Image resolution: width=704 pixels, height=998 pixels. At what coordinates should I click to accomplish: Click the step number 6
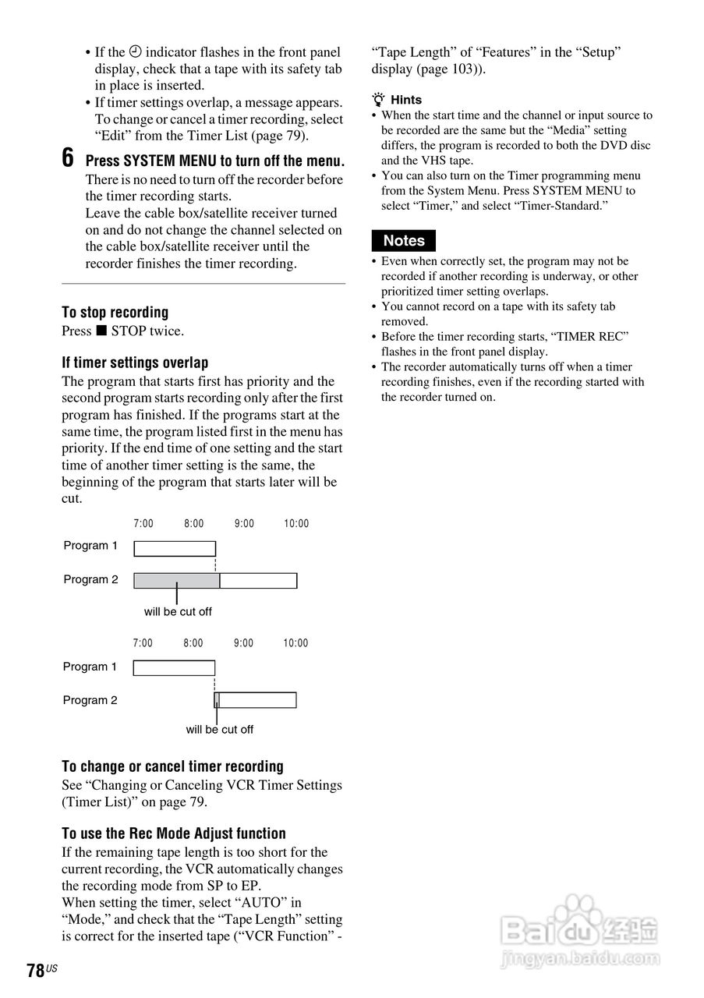point(68,158)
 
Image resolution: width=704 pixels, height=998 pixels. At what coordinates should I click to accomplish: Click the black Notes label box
point(404,241)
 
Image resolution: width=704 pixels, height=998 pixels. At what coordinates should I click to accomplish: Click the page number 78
point(35,971)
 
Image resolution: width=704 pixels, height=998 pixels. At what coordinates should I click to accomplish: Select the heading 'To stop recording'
point(115,313)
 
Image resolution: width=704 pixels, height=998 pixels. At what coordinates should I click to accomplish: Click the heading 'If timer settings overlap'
point(135,363)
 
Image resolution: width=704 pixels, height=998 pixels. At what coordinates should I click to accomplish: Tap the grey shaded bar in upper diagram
point(177,581)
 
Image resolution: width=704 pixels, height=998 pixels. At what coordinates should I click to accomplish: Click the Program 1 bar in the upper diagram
point(175,548)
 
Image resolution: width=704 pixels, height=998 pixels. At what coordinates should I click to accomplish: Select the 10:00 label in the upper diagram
point(296,524)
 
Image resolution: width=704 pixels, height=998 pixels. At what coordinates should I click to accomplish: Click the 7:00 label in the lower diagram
point(143,643)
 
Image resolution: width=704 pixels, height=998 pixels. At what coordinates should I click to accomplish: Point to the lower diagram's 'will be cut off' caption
point(219,730)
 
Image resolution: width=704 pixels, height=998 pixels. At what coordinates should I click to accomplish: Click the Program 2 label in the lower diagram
point(90,700)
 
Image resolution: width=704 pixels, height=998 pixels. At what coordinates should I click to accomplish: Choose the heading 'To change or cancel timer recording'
point(172,766)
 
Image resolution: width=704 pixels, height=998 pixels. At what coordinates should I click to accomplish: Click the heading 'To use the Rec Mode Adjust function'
point(174,833)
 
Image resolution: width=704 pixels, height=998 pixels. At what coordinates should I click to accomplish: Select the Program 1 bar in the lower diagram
point(174,668)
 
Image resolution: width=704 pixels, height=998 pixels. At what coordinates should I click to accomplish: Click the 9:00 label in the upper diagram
point(244,524)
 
